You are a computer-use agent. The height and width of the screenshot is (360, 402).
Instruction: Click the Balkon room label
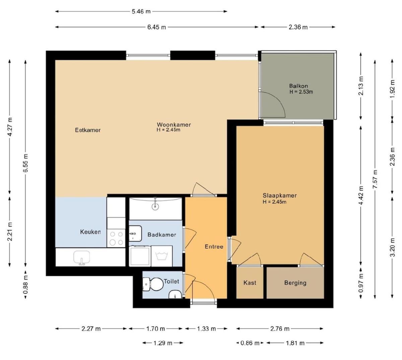(x=298, y=86)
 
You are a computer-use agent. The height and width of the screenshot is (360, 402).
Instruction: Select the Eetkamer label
(x=88, y=130)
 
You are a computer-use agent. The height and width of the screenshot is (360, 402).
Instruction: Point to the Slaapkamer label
(x=280, y=195)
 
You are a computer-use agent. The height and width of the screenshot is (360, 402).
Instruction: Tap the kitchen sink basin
(x=81, y=257)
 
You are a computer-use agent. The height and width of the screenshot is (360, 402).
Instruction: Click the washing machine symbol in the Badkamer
(x=162, y=256)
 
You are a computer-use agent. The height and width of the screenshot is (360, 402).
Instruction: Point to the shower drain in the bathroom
(x=155, y=207)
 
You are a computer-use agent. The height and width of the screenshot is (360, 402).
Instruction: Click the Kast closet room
(x=250, y=283)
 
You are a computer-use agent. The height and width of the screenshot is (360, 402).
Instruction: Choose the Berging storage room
(x=295, y=283)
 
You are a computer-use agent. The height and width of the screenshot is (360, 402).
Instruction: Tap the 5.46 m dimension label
(x=141, y=11)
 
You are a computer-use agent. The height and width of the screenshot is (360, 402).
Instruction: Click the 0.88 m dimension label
(x=25, y=285)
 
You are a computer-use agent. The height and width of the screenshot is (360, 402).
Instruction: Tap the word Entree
(x=214, y=247)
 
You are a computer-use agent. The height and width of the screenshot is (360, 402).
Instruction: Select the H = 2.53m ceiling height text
(x=301, y=92)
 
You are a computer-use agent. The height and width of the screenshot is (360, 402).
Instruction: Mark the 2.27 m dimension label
(x=91, y=329)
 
